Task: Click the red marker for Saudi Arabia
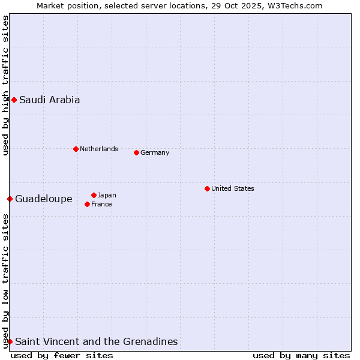coord(14,100)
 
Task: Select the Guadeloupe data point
coord(10,199)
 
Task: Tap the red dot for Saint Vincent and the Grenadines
coord(10,341)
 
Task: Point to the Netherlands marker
coord(76,149)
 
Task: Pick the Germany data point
coord(136,152)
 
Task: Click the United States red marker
coord(207,188)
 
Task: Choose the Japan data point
coord(94,195)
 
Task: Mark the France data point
coord(88,204)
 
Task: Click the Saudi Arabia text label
coord(49,100)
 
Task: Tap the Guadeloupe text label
coord(44,199)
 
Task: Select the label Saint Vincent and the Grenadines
coord(97,342)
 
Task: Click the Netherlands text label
coord(99,149)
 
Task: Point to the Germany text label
coord(155,152)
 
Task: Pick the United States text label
coord(233,188)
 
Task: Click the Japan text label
coord(107,195)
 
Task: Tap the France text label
coord(101,204)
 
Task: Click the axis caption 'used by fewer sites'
coord(62,355)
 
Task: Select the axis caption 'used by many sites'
coord(301,355)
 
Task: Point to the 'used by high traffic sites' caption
coord(5,85)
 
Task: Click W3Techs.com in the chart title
coord(296,5)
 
